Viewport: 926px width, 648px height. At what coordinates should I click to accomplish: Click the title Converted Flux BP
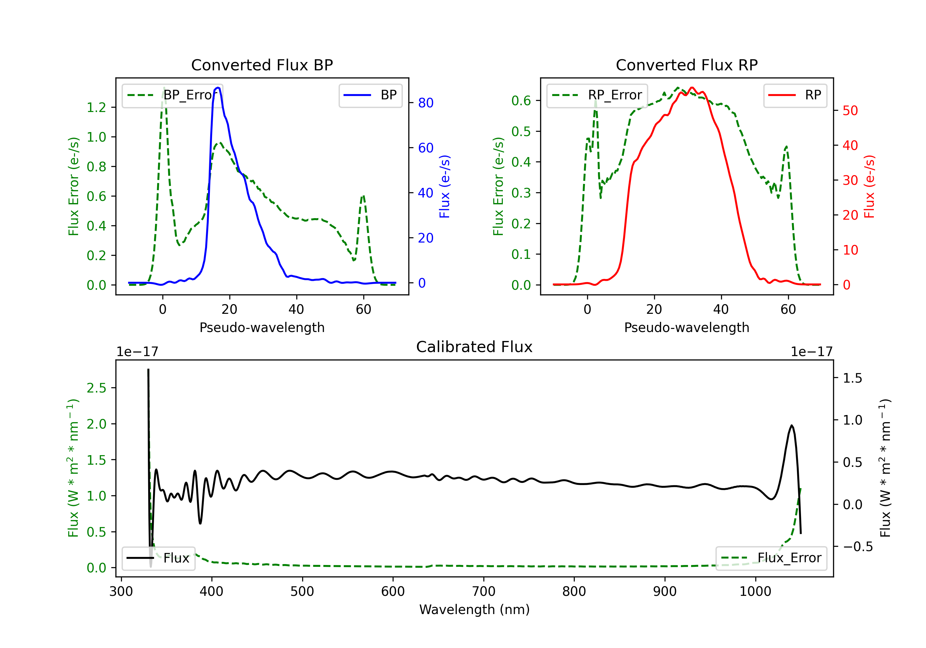[262, 65]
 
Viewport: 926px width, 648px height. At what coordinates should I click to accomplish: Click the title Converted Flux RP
[686, 65]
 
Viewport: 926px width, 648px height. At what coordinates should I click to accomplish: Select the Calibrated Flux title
[474, 347]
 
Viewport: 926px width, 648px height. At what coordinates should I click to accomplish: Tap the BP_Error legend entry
[172, 95]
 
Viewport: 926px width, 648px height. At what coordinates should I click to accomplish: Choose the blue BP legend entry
[370, 95]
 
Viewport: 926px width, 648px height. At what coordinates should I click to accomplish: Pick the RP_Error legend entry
[597, 95]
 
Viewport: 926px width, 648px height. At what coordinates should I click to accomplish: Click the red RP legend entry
[795, 95]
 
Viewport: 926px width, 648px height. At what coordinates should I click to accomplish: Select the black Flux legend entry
[158, 558]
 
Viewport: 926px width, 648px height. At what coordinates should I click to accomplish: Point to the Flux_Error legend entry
[771, 558]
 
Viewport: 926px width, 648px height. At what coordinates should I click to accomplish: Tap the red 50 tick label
[850, 110]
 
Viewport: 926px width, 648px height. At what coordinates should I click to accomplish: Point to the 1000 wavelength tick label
[755, 592]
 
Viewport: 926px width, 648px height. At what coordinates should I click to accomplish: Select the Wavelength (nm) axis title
[474, 610]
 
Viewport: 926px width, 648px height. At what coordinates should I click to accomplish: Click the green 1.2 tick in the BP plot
[96, 107]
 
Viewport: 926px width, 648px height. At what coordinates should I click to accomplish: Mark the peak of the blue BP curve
[218, 88]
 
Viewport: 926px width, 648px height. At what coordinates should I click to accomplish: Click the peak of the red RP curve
[692, 88]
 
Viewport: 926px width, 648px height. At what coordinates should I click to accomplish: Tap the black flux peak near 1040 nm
[792, 426]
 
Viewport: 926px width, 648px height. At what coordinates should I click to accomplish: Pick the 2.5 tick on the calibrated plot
[96, 388]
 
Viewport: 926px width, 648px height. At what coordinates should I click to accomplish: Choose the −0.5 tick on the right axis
[857, 547]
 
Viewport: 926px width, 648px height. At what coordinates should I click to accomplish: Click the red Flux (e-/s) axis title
[869, 186]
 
